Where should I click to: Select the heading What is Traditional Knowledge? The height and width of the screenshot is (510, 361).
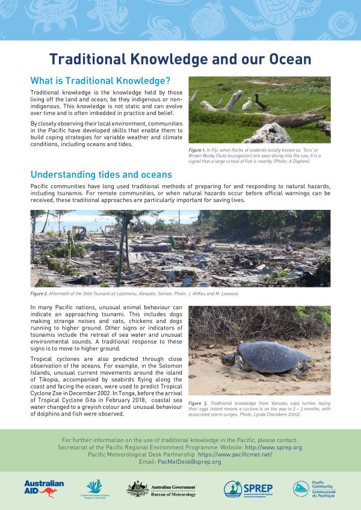(x=100, y=81)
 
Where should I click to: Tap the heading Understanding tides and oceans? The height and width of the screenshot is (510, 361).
(x=101, y=174)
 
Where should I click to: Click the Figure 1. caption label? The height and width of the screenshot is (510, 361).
(x=197, y=149)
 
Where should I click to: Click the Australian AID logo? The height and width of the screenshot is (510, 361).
(x=44, y=488)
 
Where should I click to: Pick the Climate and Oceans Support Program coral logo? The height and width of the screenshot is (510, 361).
(x=94, y=488)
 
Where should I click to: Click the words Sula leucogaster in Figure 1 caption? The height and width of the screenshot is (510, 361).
(x=232, y=155)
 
